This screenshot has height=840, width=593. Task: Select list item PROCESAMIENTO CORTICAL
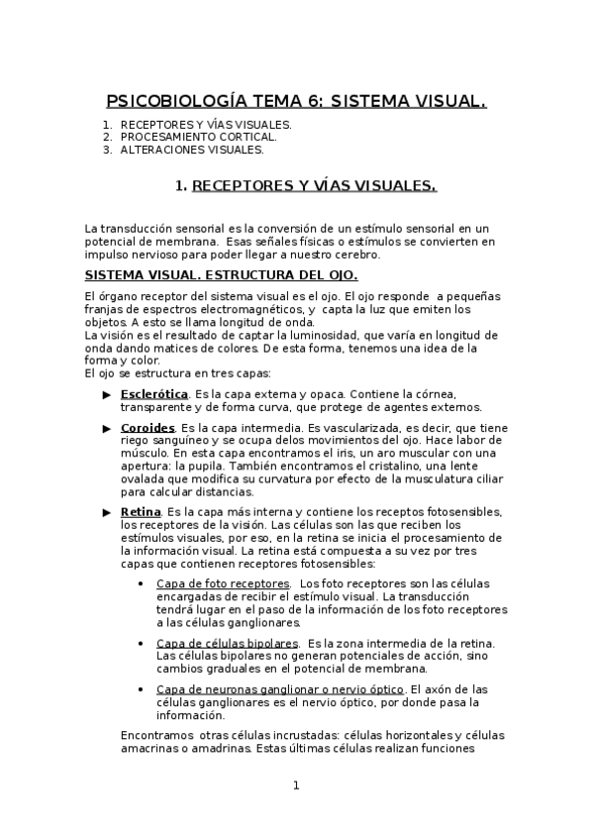(198, 138)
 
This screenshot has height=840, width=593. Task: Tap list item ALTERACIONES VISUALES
(192, 151)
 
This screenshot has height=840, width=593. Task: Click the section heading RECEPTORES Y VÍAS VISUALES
(314, 186)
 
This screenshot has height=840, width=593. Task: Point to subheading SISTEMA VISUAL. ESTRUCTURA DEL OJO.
(222, 273)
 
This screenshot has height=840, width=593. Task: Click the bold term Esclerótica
(154, 394)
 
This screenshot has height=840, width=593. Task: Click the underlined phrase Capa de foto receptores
(223, 583)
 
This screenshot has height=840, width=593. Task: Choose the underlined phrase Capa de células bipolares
(228, 644)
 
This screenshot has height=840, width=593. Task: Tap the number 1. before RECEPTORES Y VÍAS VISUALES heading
(180, 186)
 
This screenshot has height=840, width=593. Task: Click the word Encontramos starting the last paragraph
(155, 735)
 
